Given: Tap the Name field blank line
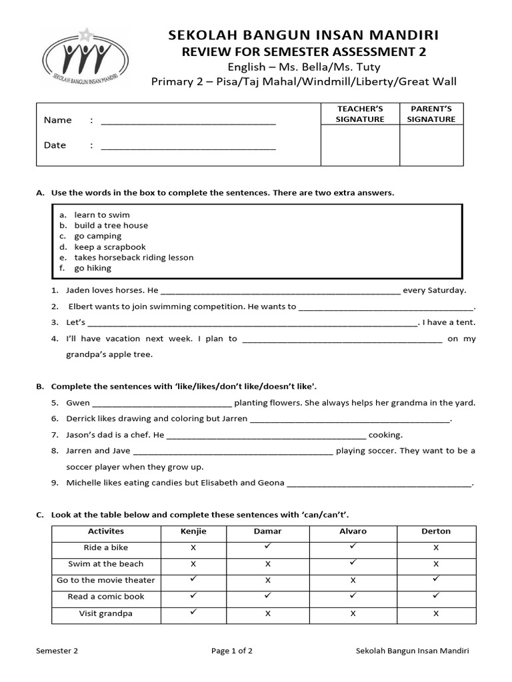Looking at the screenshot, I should (x=188, y=121).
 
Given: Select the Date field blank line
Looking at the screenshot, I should (x=188, y=146).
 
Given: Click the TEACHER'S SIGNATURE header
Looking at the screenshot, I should (x=360, y=114).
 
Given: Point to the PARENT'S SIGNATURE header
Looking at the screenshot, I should (x=431, y=114).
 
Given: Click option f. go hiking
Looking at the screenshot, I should (x=93, y=268).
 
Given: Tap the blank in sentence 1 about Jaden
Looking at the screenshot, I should (x=281, y=291).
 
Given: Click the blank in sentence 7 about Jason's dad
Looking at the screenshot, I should (x=265, y=436).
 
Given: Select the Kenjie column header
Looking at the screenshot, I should (x=193, y=531).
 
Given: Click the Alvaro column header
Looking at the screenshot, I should (x=353, y=531).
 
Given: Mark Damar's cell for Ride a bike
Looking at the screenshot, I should (x=267, y=547).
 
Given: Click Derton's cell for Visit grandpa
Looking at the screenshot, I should (x=436, y=613).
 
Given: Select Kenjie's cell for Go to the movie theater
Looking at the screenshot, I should (x=193, y=579).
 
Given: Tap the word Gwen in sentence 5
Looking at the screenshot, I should (x=78, y=403).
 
